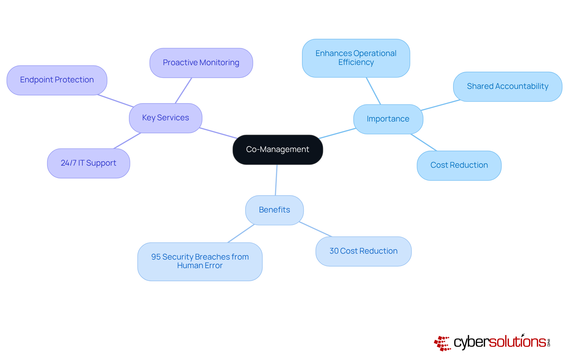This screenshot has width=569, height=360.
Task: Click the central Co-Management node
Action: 278,150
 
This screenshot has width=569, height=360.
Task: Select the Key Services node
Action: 165,118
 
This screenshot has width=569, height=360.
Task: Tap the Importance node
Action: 388,119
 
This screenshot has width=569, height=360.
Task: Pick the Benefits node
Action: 274,210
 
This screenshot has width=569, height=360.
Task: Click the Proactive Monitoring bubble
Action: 201,63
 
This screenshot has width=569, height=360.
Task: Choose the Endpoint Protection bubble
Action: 57,80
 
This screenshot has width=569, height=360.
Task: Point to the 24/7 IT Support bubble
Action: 88,163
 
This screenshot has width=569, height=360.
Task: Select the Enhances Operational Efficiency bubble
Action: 356,58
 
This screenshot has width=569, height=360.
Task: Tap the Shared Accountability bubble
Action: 507,87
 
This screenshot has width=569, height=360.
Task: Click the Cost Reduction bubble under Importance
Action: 459,165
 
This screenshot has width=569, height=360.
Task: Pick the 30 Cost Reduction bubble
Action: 363,251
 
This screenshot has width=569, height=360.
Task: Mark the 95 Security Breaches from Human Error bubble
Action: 200,261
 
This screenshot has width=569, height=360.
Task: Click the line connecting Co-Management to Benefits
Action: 276,180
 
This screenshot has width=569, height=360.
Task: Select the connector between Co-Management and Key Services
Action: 218,133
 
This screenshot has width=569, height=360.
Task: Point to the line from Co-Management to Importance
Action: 337,133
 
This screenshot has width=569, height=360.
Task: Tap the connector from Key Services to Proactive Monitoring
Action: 183,90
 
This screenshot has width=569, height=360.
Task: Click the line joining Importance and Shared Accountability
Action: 440,105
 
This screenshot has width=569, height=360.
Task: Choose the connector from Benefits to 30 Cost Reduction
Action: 315,229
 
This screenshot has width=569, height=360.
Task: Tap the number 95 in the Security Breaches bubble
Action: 156,257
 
